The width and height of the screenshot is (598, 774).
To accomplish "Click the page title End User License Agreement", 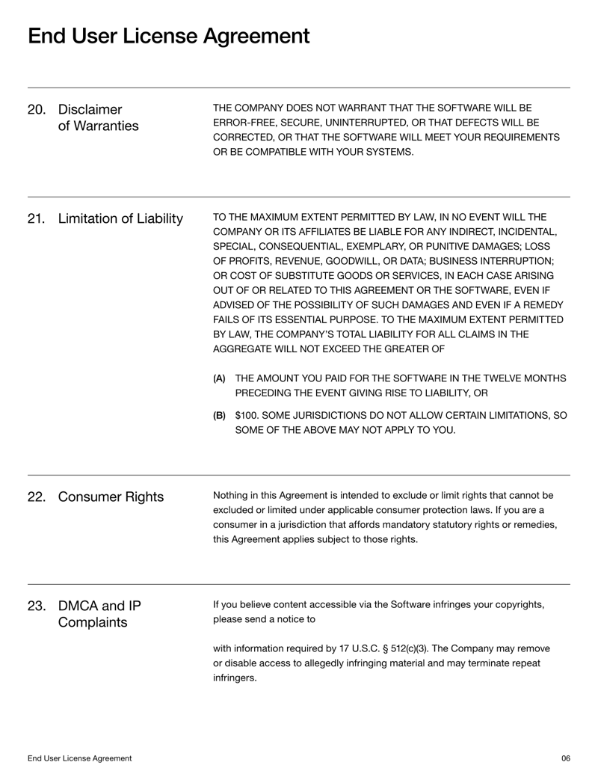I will pyautogui.click(x=168, y=35).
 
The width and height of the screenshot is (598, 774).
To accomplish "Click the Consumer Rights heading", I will pyautogui.click(x=111, y=497).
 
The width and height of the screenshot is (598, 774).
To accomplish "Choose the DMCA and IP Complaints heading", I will pyautogui.click(x=99, y=614).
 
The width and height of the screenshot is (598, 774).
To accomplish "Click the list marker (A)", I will pyautogui.click(x=219, y=379).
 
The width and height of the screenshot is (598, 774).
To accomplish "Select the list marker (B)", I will pyautogui.click(x=219, y=415).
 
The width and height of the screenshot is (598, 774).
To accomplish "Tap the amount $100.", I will pyautogui.click(x=248, y=415).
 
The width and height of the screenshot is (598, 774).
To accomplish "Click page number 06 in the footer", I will pyautogui.click(x=565, y=758).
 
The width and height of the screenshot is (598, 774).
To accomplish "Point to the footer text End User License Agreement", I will pyautogui.click(x=80, y=758).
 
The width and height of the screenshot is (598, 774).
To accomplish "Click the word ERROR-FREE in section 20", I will pyautogui.click(x=245, y=121).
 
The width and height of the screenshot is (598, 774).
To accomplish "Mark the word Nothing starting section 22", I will pyautogui.click(x=232, y=495).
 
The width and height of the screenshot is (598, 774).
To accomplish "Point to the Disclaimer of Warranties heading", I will pyautogui.click(x=98, y=118).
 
